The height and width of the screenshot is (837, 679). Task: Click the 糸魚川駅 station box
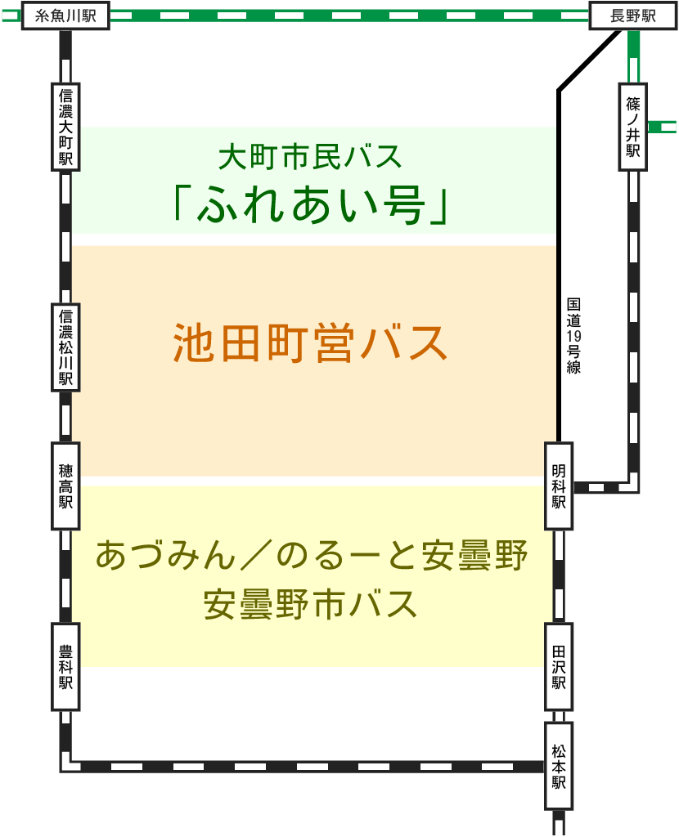(x=65, y=16)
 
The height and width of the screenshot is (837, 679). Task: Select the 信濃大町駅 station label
(x=65, y=126)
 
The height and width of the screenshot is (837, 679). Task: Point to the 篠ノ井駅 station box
(x=633, y=126)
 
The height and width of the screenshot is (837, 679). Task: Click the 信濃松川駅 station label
(x=65, y=347)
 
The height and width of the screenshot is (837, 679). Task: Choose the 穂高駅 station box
(x=65, y=486)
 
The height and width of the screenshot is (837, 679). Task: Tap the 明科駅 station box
(x=559, y=486)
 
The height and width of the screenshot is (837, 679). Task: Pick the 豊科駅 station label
(x=65, y=666)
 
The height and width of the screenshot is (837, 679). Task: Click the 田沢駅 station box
(x=559, y=666)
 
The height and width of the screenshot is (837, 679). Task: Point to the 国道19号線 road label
(x=573, y=336)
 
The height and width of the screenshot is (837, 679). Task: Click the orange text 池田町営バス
(x=310, y=343)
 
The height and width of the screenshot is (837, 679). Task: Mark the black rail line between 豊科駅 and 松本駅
(x=303, y=767)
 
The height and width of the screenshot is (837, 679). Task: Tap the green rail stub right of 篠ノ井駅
(x=662, y=127)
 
